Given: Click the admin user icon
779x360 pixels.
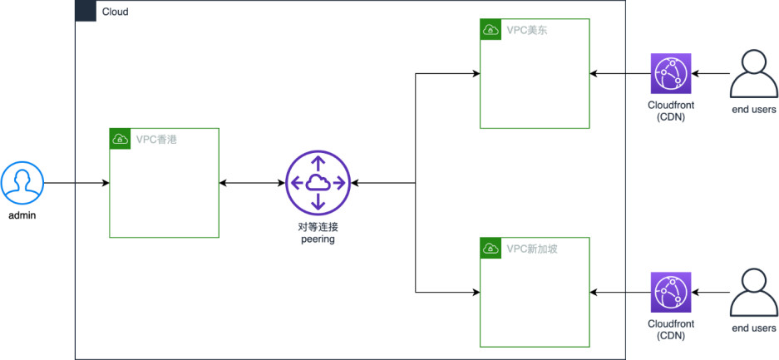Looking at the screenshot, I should (22, 182).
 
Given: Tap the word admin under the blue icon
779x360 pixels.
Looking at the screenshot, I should (22, 215).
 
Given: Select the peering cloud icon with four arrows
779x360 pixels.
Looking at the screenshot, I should (318, 182).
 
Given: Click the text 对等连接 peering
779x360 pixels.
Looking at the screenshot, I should (318, 233).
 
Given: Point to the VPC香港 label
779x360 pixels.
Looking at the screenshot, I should (156, 139).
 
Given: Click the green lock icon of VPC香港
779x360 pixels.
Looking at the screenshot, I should (120, 139).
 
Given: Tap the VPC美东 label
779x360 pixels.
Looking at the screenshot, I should (527, 30).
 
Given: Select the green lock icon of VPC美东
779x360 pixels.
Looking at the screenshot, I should (491, 30).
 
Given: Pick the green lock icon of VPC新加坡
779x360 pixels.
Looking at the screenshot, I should (491, 248).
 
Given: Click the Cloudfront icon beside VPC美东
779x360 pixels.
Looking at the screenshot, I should (670, 74).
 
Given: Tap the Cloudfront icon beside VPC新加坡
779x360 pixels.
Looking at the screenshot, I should (670, 293).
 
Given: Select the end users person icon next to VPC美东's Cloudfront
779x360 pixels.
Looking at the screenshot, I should (753, 73).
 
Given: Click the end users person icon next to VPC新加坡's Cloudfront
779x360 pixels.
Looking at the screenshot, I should (753, 293).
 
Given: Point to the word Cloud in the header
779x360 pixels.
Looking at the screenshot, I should (115, 12).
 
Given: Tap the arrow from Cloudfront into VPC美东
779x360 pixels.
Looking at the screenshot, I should (619, 74).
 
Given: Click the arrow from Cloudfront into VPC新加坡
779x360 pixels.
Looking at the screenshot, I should (619, 293).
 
